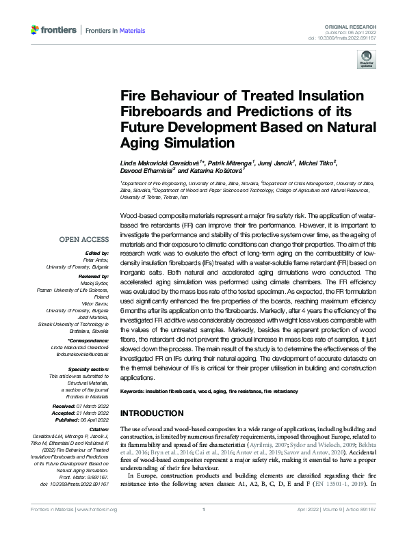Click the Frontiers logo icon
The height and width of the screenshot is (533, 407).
36,30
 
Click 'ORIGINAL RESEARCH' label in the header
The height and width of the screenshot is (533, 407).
355,25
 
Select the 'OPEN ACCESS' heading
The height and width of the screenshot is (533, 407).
83,239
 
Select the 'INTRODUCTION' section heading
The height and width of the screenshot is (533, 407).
151,413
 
